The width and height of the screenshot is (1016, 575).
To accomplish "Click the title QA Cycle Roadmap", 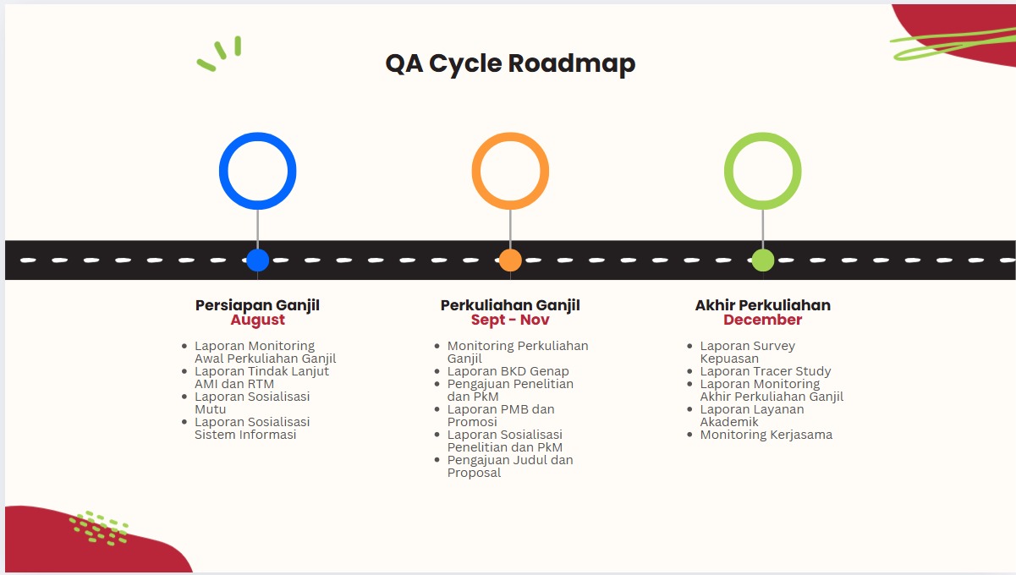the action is (510, 63).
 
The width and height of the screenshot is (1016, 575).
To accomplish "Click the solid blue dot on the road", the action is (258, 260).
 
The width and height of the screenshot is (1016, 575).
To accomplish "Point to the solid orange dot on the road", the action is (510, 260).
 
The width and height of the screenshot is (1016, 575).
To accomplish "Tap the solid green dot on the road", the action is (763, 260).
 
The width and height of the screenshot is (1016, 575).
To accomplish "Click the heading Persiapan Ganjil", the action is (258, 305).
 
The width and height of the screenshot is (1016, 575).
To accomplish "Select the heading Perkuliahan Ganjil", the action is (510, 305).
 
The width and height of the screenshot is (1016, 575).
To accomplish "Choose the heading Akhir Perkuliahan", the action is (763, 305).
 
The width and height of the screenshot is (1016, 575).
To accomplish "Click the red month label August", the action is (258, 320).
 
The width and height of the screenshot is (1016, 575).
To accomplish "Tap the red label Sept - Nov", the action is (510, 320).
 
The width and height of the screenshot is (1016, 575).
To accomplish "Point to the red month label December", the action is (763, 320).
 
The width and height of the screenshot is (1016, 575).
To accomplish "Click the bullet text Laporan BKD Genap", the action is (508, 371).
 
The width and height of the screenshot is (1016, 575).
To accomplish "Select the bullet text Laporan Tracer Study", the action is (766, 371).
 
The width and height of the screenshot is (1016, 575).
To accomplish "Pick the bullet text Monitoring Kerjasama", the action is (766, 435).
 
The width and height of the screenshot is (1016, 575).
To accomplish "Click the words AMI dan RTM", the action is (234, 384).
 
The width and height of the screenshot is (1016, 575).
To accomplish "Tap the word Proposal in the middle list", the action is (474, 473).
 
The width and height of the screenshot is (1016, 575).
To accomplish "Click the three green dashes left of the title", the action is (218, 53).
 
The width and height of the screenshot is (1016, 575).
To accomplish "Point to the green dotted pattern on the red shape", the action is (99, 528).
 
